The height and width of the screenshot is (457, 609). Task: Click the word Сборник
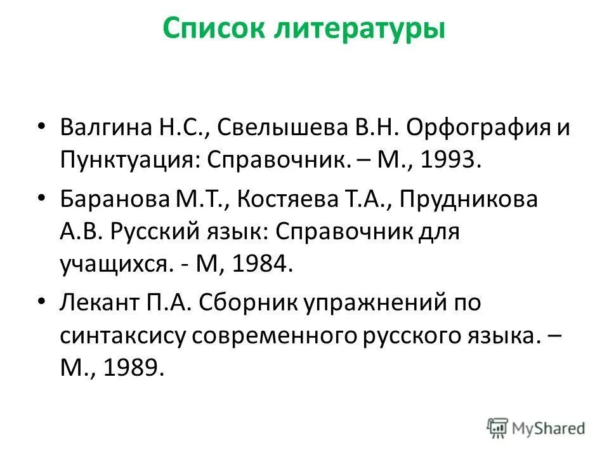[248, 303]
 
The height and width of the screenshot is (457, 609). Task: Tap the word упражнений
[375, 303]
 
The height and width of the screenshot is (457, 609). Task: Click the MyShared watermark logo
[536, 428]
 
